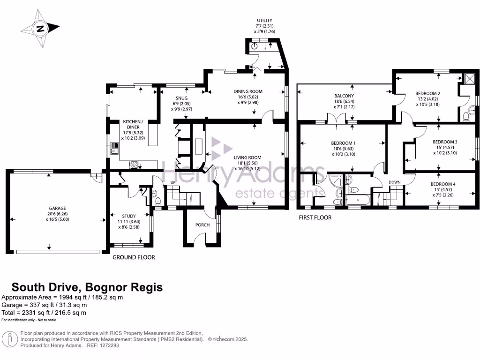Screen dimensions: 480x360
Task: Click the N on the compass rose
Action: pyautogui.click(x=40, y=29)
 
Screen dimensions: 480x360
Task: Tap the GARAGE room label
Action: pyautogui.click(x=58, y=208)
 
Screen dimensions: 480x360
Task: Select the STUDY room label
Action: pyautogui.click(x=129, y=216)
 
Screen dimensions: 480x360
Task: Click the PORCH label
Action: pyautogui.click(x=202, y=225)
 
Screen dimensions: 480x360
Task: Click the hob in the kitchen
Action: pyautogui.click(x=134, y=165)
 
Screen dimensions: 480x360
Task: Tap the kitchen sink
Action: pyautogui.click(x=114, y=148)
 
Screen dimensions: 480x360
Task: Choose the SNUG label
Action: pyautogui.click(x=182, y=98)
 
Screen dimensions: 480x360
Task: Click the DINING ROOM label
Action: pyautogui.click(x=248, y=91)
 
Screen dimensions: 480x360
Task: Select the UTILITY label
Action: pyautogui.click(x=264, y=21)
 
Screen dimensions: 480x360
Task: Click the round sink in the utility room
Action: pyautogui.click(x=254, y=46)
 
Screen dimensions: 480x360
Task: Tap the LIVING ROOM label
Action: pyautogui.click(x=247, y=157)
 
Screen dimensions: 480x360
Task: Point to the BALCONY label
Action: pyautogui.click(x=344, y=96)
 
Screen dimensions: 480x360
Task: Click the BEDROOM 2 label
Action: pyautogui.click(x=428, y=93)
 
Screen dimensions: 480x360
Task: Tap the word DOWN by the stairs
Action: pyautogui.click(x=395, y=182)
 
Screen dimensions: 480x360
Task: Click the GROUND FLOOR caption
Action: pyautogui.click(x=134, y=257)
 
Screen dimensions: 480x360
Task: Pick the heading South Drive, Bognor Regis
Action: pyautogui.click(x=87, y=287)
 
